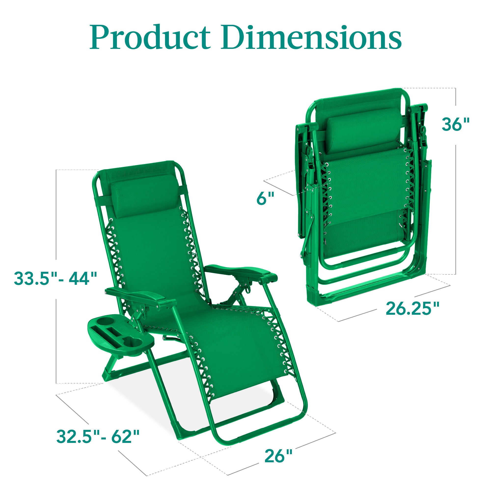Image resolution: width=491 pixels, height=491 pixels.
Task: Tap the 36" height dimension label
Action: [455, 124]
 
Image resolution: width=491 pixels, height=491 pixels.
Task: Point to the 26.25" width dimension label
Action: [412, 309]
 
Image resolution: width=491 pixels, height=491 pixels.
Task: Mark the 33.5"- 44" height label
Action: [55, 278]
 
